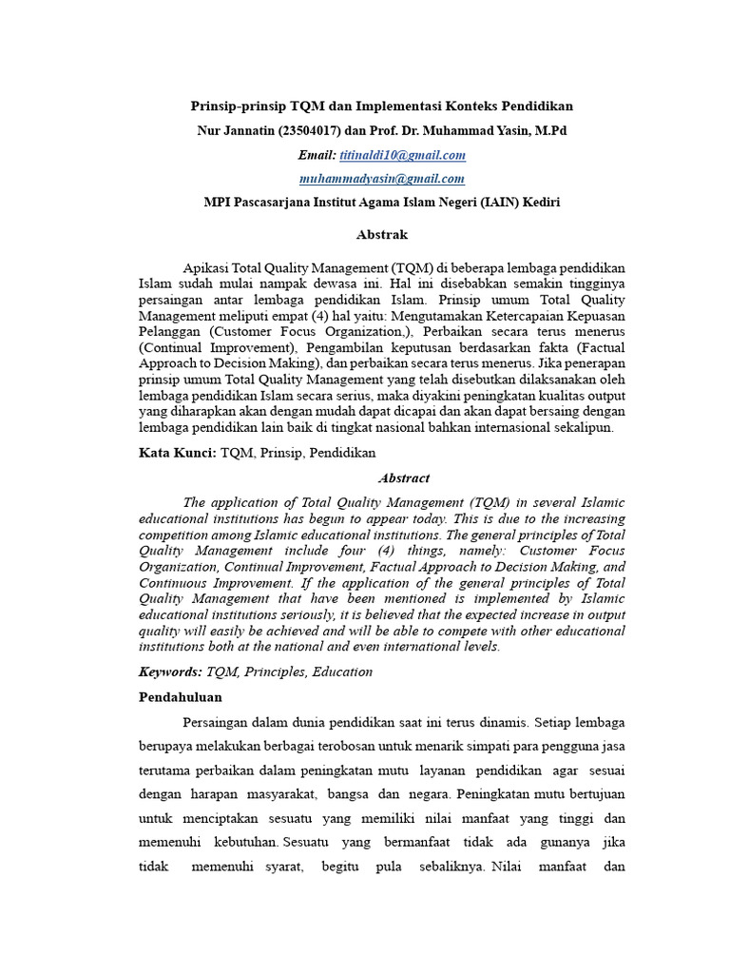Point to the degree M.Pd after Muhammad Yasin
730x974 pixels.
coord(548,130)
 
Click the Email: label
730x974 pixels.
coord(317,155)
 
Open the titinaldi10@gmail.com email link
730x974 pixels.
coord(402,155)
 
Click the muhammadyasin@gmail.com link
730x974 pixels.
coord(381,178)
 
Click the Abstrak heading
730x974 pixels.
coord(381,234)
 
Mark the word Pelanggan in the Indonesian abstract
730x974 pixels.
coord(171,330)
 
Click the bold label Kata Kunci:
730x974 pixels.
coord(178,453)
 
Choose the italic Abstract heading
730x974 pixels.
coord(404,478)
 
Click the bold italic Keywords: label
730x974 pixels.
coord(170,672)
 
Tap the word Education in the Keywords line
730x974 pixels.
coord(339,672)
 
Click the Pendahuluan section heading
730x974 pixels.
coord(181,697)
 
